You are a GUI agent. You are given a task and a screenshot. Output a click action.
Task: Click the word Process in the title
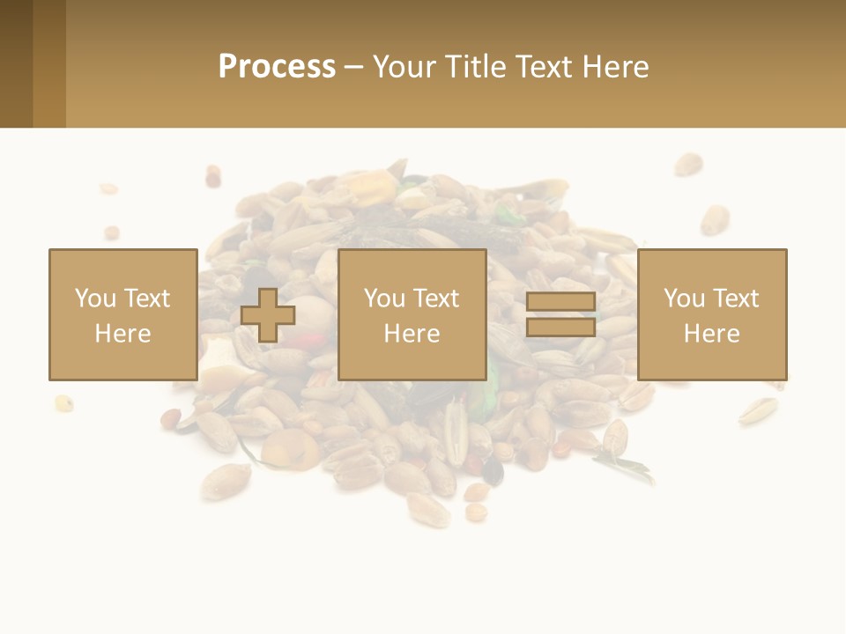pyautogui.click(x=277, y=67)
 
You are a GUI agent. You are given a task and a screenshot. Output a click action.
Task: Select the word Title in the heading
pyautogui.click(x=473, y=67)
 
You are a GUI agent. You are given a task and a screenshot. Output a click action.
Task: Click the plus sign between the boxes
pyautogui.click(x=268, y=315)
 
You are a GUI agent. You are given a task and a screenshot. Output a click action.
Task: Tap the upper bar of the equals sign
pyautogui.click(x=560, y=302)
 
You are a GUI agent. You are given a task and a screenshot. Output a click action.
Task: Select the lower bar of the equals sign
pyautogui.click(x=560, y=328)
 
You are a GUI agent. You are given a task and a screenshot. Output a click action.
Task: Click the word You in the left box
pyautogui.click(x=95, y=299)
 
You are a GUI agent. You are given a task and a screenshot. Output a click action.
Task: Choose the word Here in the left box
pyautogui.click(x=122, y=334)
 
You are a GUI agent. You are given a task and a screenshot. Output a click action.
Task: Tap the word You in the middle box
pyautogui.click(x=384, y=299)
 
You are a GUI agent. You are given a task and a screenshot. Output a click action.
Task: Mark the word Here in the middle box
pyautogui.click(x=412, y=334)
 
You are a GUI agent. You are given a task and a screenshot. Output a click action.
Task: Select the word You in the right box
pyautogui.click(x=684, y=299)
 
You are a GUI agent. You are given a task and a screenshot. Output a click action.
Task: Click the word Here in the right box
pyautogui.click(x=711, y=334)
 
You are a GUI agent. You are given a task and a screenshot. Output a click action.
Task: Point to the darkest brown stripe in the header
pyautogui.click(x=16, y=63)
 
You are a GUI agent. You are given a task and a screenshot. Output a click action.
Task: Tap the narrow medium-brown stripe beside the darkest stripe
pyautogui.click(x=49, y=63)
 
